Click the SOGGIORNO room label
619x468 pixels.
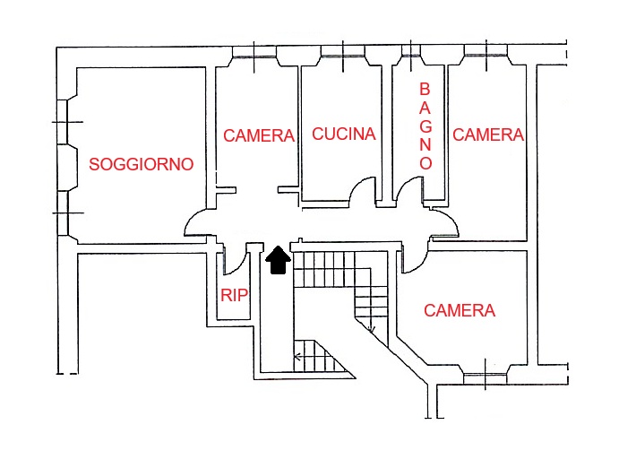tap(142, 165)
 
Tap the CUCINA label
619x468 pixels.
tap(344, 134)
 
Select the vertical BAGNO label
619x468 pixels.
tap(426, 126)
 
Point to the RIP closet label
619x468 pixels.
tap(234, 295)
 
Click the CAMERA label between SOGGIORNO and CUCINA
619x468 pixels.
tap(259, 136)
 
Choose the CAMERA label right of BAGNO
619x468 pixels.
tap(488, 134)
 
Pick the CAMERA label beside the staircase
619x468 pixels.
tap(460, 311)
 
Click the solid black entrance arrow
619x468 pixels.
tap(279, 259)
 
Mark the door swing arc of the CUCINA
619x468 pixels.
tap(363, 190)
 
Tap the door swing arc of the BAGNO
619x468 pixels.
tap(410, 190)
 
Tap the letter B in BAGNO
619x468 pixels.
tap(426, 90)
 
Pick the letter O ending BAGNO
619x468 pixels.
tap(426, 163)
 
